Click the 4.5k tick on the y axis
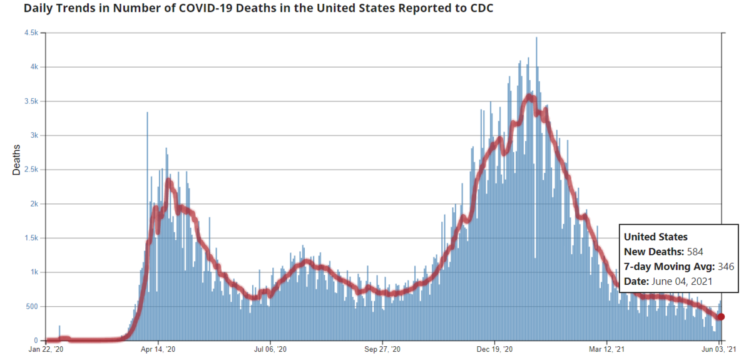tap(32, 33)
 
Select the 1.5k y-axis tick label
tap(32, 239)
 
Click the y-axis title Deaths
tap(17, 160)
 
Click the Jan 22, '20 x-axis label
tap(46, 349)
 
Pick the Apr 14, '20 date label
tap(159, 349)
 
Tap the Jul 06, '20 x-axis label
tap(271, 349)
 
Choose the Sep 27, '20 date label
tap(383, 349)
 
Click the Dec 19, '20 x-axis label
tap(495, 349)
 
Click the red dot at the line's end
tap(721, 317)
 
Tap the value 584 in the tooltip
tap(695, 252)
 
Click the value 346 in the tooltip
tap(725, 267)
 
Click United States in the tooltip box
tap(655, 237)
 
